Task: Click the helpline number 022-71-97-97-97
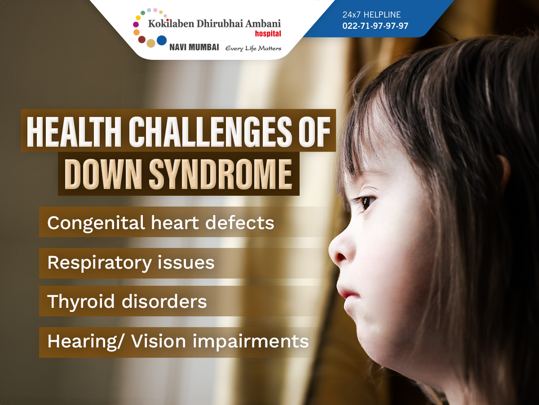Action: [x=375, y=26]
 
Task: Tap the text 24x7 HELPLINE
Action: [x=371, y=15]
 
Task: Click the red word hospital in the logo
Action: [x=268, y=33]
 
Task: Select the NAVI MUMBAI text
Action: [x=194, y=47]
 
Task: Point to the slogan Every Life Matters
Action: [x=253, y=48]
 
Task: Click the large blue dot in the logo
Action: [x=162, y=40]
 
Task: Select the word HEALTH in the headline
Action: [x=74, y=132]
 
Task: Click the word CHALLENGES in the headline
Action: [x=210, y=132]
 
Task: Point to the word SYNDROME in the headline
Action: [x=220, y=174]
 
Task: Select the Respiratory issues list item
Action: [x=131, y=263]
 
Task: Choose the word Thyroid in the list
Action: [x=81, y=301]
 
